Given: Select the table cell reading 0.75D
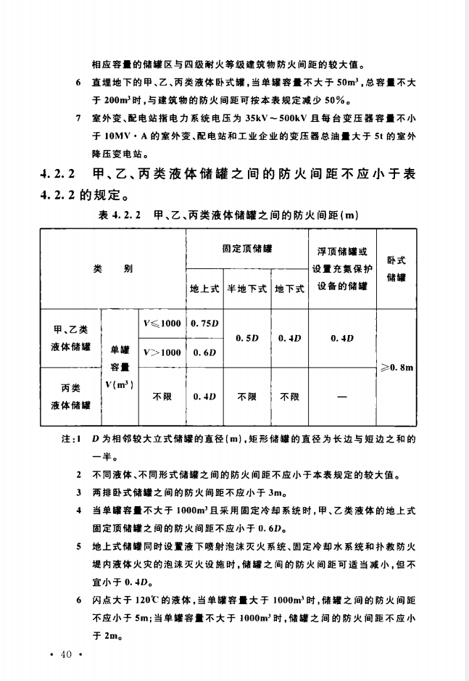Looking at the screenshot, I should [204, 323].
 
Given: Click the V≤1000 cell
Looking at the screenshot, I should [162, 323].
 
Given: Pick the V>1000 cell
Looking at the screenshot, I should [162, 352].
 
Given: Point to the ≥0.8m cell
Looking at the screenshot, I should [397, 368].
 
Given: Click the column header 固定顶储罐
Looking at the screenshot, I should [246, 249].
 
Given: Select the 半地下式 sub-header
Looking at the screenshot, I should [247, 289].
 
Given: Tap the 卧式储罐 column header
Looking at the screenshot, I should [397, 268].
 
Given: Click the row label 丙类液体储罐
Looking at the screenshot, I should [70, 397].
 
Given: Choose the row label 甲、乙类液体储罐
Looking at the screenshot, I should [70, 338].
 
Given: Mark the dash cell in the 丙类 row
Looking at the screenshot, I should [341, 397].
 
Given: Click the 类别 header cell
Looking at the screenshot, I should [112, 268].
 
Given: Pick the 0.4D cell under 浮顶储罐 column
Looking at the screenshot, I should [341, 338].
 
